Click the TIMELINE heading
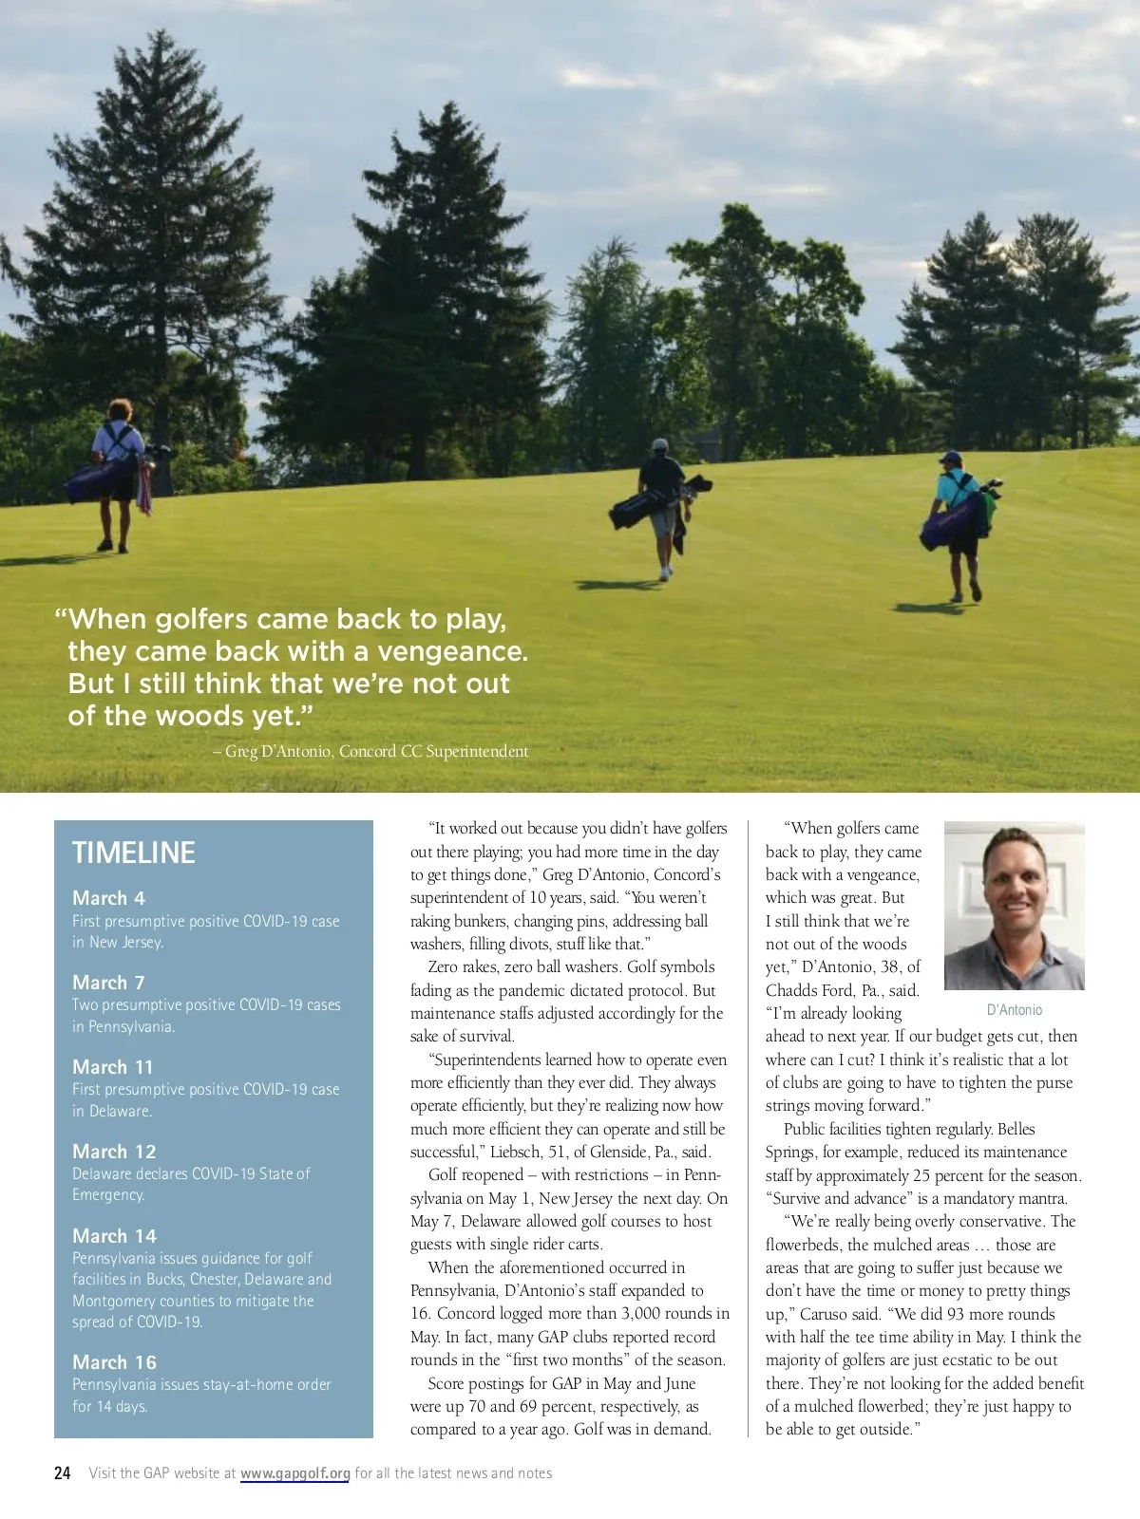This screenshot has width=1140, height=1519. click(x=134, y=853)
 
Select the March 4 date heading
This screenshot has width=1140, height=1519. click(x=108, y=898)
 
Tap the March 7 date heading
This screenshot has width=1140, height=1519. click(x=108, y=983)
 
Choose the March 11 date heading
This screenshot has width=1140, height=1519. click(x=112, y=1067)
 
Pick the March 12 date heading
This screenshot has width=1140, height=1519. click(x=114, y=1152)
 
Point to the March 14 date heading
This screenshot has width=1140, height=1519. click(x=114, y=1236)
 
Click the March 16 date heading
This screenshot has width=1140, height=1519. click(x=114, y=1362)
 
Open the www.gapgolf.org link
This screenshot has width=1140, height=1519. click(x=294, y=1473)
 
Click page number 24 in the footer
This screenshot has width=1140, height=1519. click(x=63, y=1473)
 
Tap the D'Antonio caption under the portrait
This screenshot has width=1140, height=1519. click(x=1014, y=1010)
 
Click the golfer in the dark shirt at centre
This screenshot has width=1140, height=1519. click(x=662, y=503)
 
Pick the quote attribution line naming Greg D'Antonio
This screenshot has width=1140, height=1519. click(x=370, y=751)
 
